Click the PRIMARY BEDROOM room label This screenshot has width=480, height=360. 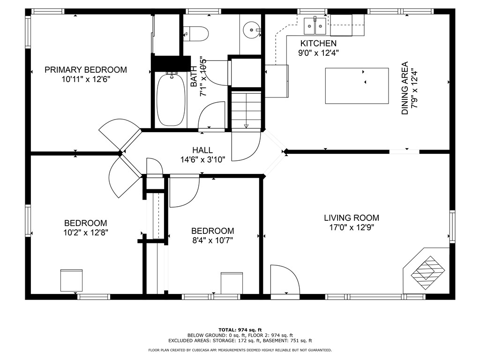coord(85,70)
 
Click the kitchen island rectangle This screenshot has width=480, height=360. coord(357,86)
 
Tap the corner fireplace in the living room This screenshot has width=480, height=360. coord(427,270)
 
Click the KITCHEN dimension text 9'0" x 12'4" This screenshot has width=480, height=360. coord(319,53)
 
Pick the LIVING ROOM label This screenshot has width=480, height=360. coord(351,218)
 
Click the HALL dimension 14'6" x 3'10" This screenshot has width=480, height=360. coord(202,159)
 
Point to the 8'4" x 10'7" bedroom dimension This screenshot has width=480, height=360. coord(212,240)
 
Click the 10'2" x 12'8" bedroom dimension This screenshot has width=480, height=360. coord(85,232)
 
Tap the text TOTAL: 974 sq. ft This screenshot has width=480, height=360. coord(240,330)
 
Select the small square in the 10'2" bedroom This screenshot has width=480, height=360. coord(71,280)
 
